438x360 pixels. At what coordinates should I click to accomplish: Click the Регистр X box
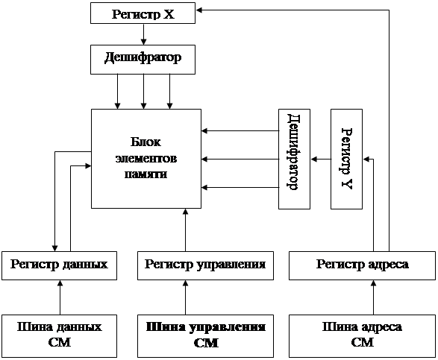point(143,13)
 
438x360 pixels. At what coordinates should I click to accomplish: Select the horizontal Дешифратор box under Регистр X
point(143,60)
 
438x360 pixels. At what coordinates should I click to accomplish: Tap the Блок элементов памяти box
point(146,159)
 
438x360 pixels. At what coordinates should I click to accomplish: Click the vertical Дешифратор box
point(294,159)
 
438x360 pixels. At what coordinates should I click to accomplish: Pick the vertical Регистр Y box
point(346,159)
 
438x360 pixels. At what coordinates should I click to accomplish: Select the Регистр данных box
point(59,265)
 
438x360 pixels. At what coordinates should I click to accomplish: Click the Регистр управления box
point(205,265)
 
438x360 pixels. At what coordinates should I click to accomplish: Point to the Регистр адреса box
point(362,265)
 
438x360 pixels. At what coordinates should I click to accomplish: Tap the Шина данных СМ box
point(59,336)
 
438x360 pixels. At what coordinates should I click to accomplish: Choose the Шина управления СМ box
point(205,336)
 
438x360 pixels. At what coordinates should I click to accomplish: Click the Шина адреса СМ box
point(362,336)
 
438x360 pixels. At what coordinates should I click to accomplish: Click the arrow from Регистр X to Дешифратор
point(143,34)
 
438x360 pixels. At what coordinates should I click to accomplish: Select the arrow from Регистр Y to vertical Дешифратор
point(320,159)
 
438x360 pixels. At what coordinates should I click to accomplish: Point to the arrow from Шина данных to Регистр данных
point(60,297)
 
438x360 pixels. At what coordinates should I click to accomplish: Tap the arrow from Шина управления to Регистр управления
point(185,297)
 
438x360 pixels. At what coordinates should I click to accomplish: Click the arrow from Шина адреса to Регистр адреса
point(374,297)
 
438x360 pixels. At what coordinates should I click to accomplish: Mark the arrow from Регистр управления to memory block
point(185,230)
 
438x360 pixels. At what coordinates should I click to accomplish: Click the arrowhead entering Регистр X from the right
point(199,10)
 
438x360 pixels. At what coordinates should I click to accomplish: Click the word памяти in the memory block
point(146,174)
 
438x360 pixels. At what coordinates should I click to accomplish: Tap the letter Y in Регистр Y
point(347,184)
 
